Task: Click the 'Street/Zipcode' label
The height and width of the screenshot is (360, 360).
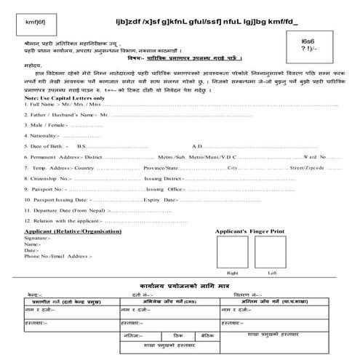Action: (x=305, y=188)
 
